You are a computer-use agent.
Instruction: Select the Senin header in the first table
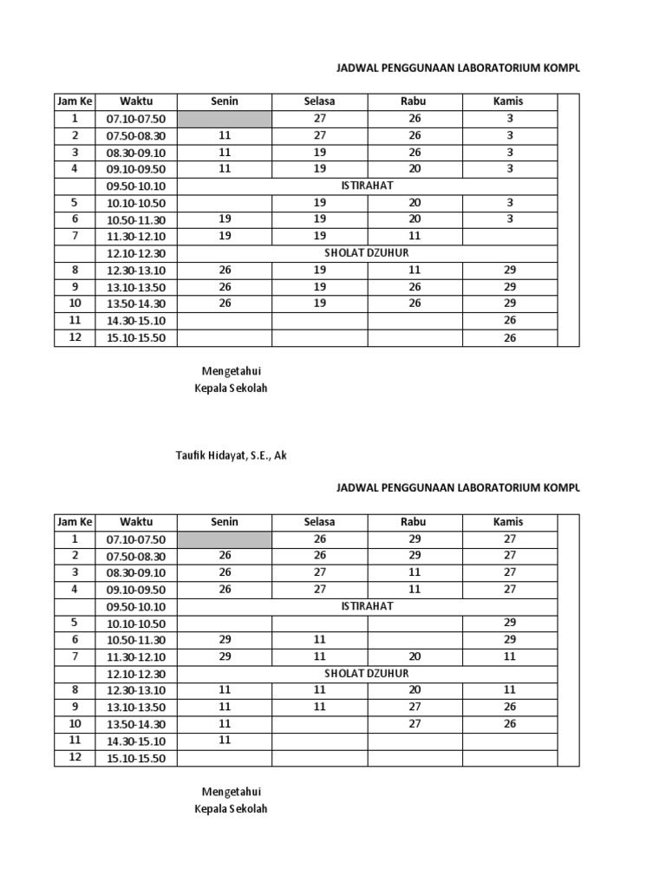(x=225, y=101)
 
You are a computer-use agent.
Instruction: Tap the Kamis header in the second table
(x=509, y=522)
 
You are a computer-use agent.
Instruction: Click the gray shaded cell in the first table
(x=225, y=119)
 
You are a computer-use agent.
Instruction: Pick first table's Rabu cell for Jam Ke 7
(x=415, y=236)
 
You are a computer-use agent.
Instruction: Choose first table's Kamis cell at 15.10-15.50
(x=510, y=338)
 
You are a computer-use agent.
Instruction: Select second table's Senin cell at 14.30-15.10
(x=225, y=741)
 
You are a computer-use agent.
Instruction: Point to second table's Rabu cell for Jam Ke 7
(x=415, y=656)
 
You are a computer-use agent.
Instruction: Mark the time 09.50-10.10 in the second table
(x=136, y=607)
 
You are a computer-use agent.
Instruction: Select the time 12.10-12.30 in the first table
(x=136, y=253)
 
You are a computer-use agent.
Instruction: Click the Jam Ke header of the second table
(x=75, y=522)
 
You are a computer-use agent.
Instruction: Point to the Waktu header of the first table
(x=136, y=101)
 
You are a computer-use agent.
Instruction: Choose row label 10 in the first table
(x=75, y=304)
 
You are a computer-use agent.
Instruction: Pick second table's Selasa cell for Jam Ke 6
(x=319, y=639)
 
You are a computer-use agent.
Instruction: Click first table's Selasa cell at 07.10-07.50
(x=319, y=119)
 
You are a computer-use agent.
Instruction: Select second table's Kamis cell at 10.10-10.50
(x=510, y=623)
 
